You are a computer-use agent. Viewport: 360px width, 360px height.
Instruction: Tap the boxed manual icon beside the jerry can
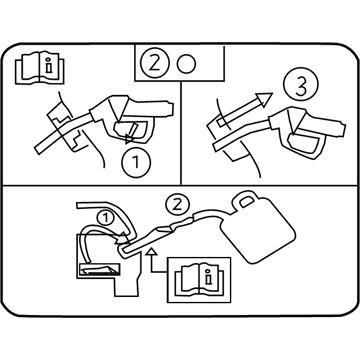[x=199, y=280]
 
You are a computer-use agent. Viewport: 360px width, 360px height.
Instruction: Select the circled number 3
[x=301, y=86]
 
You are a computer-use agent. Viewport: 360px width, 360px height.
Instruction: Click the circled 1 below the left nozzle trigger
[x=136, y=163]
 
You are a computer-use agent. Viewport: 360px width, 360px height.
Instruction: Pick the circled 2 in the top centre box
[x=154, y=64]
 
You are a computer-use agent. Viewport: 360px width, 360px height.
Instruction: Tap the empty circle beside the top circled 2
[x=186, y=64]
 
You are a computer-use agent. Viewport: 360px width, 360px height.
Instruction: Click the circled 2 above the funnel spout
[x=177, y=204]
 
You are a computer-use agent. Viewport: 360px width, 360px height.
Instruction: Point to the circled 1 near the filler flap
[x=105, y=218]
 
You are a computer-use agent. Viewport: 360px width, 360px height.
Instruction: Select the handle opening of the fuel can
[x=246, y=202]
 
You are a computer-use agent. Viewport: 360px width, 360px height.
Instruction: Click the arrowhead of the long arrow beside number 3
[x=265, y=99]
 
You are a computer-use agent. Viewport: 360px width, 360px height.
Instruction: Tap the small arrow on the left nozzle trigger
[x=130, y=134]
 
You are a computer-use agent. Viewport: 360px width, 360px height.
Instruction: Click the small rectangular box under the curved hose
[x=98, y=270]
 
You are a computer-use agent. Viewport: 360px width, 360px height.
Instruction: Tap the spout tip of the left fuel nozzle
[x=38, y=150]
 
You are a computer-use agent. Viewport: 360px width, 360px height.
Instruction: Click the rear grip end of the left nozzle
[x=169, y=107]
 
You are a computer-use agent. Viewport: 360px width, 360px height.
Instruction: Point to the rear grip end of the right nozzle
[x=341, y=129]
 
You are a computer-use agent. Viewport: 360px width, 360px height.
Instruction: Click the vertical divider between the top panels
[x=180, y=133]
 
